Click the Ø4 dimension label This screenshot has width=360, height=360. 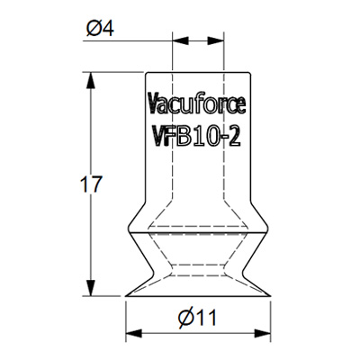(100, 28)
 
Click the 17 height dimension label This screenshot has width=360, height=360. (91, 184)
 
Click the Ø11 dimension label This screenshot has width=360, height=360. (197, 318)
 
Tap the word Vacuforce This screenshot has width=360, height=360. (197, 103)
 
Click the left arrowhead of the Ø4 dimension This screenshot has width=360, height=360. (180, 40)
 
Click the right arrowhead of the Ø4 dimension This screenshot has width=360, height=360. (216, 40)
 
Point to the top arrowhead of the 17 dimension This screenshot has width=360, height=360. (90, 80)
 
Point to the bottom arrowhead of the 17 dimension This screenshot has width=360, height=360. (90, 288)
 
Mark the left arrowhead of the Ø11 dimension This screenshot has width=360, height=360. (134, 333)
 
